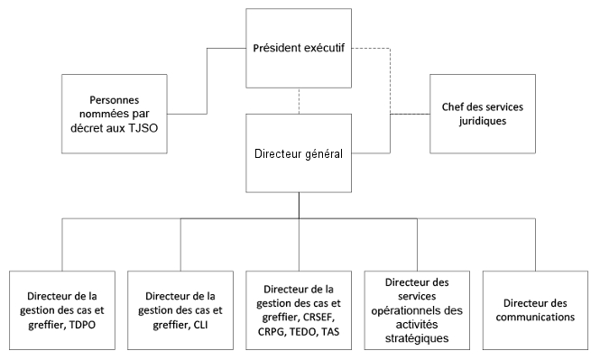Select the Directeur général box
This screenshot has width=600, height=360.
(x=299, y=154)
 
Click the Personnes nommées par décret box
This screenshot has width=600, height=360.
(x=115, y=115)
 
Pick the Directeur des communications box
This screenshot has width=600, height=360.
(x=540, y=310)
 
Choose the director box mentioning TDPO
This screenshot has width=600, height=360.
(x=62, y=310)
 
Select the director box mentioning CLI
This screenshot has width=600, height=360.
(x=181, y=310)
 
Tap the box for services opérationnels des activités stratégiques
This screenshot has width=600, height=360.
(x=420, y=310)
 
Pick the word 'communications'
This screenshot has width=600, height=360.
(x=540, y=318)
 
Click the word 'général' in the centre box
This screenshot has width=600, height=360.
(x=320, y=154)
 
